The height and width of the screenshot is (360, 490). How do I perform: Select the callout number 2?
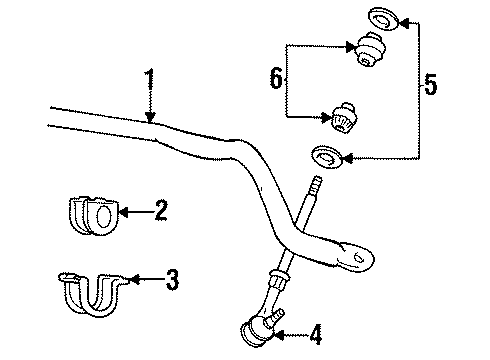point(161,210)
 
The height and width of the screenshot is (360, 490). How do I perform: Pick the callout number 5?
point(430,86)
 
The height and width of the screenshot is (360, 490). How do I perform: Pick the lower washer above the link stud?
point(326,156)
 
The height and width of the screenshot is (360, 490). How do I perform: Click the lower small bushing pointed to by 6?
point(345,117)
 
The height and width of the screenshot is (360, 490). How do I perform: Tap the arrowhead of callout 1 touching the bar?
point(150,120)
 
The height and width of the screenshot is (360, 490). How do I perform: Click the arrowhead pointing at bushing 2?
point(122,211)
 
